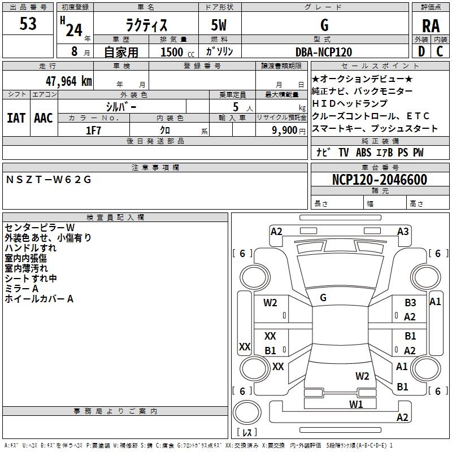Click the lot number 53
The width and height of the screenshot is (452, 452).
28,24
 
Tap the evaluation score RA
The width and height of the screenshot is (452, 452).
431,25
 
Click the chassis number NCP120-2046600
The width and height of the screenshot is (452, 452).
379,180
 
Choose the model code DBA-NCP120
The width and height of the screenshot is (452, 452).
324,52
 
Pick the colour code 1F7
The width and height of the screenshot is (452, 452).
93,131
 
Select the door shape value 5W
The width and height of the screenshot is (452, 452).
220,25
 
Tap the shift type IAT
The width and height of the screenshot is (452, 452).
16,118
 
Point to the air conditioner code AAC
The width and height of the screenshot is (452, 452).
43,118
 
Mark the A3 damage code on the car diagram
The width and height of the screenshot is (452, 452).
403,231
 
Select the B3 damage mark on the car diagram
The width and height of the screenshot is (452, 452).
410,303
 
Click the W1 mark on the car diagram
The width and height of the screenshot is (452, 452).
355,404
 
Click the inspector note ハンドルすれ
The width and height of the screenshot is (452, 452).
31,248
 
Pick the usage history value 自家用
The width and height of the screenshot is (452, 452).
121,52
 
